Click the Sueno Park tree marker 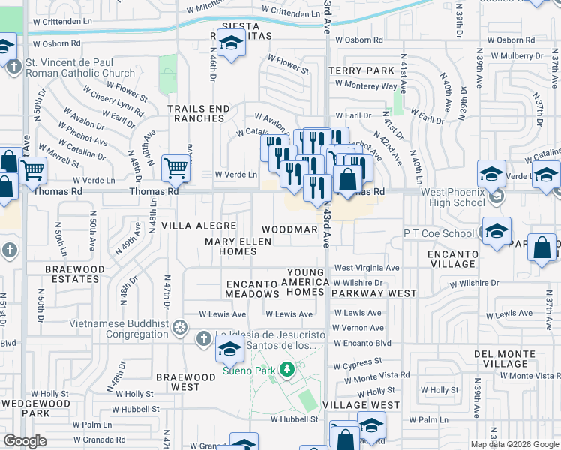286,369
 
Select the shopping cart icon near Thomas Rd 175,168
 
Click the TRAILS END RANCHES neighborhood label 198,113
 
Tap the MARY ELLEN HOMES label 237,246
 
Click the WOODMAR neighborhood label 286,229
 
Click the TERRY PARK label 361,70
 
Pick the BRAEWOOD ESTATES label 72,273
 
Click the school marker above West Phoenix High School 491,175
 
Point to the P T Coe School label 439,233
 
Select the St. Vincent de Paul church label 80,67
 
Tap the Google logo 25,440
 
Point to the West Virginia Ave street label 367,268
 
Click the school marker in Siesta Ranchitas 232,44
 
